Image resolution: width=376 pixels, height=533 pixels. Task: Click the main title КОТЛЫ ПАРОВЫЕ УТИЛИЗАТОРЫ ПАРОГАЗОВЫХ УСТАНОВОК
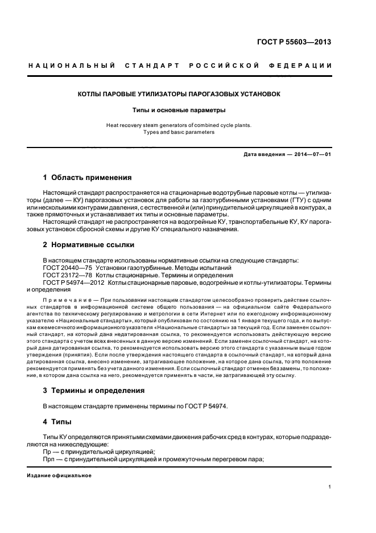[x=179, y=93]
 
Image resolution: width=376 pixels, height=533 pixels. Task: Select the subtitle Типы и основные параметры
[x=179, y=109]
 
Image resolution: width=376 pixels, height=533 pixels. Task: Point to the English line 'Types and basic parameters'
[x=179, y=132]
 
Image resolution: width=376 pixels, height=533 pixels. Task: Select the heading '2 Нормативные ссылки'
[x=88, y=245]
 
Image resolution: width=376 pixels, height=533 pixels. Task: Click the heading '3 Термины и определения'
[x=94, y=391]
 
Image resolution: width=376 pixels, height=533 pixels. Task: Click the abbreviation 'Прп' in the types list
[x=49, y=459]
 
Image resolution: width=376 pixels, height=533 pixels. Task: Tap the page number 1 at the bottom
[x=330, y=487]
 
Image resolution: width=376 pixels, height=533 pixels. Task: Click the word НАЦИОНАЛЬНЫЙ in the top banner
[x=72, y=65]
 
